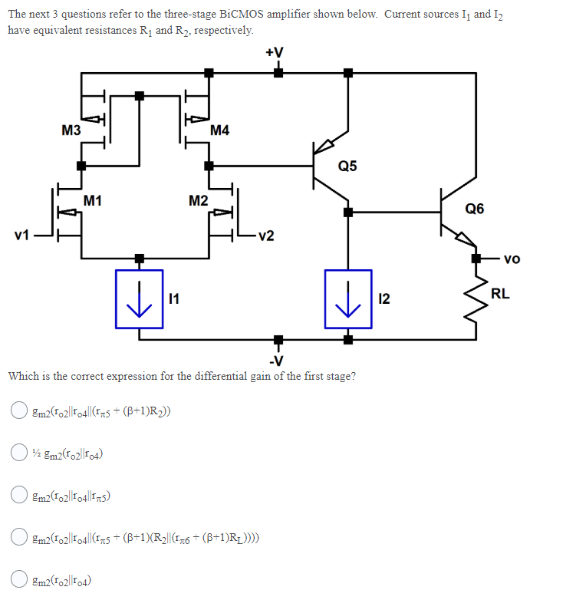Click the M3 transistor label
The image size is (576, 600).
click(x=71, y=130)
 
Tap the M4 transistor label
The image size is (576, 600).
click(x=219, y=130)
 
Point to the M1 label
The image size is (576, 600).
click(x=93, y=201)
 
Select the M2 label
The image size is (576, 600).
click(x=198, y=201)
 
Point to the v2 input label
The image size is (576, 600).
click(x=265, y=236)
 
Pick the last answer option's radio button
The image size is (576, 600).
click(x=18, y=579)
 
